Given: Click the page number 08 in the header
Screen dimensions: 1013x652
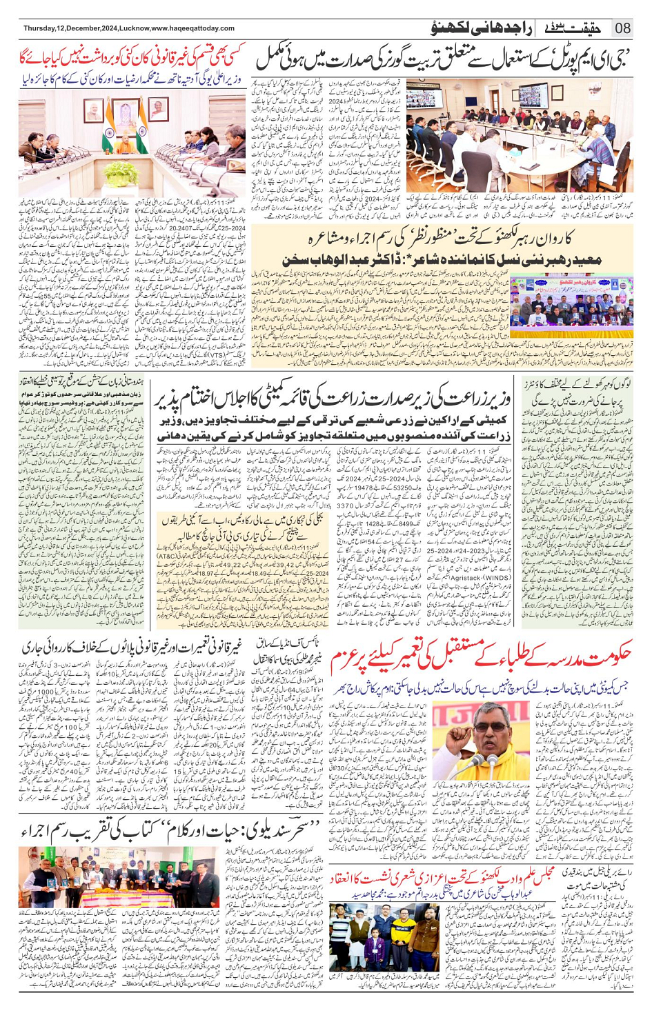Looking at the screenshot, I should [x=622, y=28].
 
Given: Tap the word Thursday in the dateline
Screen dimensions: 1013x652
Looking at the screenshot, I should [x=40, y=28].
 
